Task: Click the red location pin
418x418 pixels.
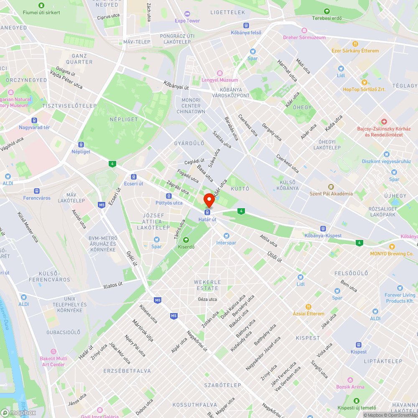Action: coord(209,201)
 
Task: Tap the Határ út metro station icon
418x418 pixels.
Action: coord(208,212)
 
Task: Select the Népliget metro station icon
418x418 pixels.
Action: coord(81,144)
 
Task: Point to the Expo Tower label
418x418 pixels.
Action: coord(187,20)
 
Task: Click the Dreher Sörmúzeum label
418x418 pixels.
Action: coord(304,37)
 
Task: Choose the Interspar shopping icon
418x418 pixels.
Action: coord(226,236)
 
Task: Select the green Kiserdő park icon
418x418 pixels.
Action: coord(186,240)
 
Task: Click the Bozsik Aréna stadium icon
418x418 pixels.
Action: coord(350,380)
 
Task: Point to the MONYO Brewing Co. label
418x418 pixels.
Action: coord(392,253)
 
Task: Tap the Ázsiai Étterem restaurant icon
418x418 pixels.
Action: coord(308,307)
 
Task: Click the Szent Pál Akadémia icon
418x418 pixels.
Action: coord(331,187)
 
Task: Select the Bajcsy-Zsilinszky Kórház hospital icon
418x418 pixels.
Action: coord(384,121)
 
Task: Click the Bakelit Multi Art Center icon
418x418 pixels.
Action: coord(53,352)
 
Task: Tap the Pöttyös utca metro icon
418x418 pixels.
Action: coord(168,196)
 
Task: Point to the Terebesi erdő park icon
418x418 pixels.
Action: coord(326,11)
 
